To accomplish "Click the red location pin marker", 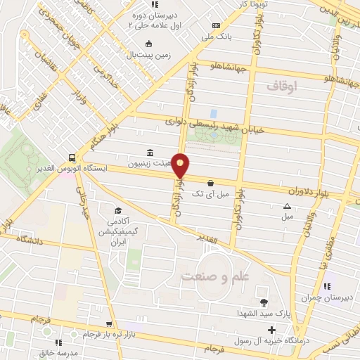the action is [181, 166].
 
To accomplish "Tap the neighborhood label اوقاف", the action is [283, 86].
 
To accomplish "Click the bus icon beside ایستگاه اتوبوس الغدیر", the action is [72, 157].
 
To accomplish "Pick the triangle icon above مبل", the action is [287, 206].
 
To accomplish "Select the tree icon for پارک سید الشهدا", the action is [264, 303].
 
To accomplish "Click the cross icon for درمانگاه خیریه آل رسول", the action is [271, 329].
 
